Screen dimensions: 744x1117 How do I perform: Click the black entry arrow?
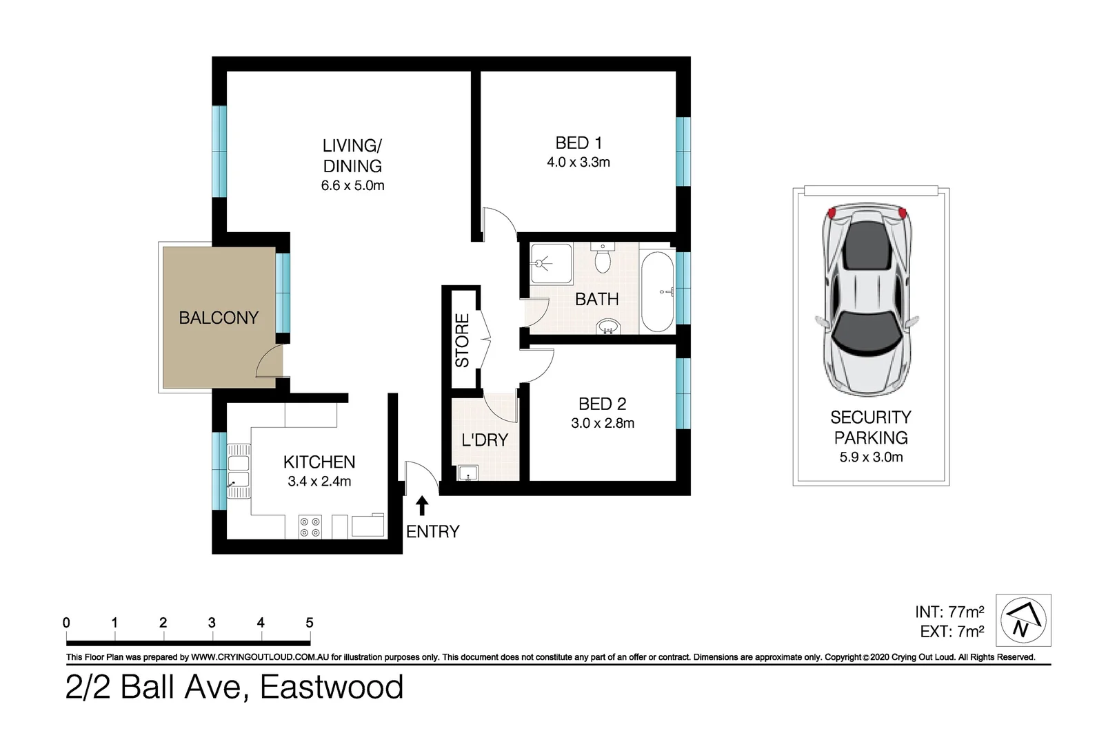(422, 506)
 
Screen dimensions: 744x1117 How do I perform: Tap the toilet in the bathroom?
(603, 260)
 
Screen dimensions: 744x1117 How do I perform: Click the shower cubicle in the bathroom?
(551, 263)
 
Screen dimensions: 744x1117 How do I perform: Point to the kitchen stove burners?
(310, 527)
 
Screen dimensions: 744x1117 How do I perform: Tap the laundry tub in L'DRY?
(468, 473)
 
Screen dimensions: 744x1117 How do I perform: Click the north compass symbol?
(1023, 620)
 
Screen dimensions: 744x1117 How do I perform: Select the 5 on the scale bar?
(310, 623)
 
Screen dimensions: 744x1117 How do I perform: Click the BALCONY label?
(219, 318)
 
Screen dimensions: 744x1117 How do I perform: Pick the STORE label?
(462, 340)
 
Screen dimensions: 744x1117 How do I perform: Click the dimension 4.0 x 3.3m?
(578, 163)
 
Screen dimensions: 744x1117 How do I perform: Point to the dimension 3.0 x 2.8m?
(603, 424)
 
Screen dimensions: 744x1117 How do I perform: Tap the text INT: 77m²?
(949, 612)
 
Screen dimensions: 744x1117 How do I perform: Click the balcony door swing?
(271, 362)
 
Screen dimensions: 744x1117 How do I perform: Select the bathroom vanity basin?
(607, 327)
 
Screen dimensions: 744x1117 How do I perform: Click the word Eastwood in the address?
(332, 688)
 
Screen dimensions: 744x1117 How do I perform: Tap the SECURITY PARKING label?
(871, 427)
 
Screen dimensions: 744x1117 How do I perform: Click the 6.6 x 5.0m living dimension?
(352, 186)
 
